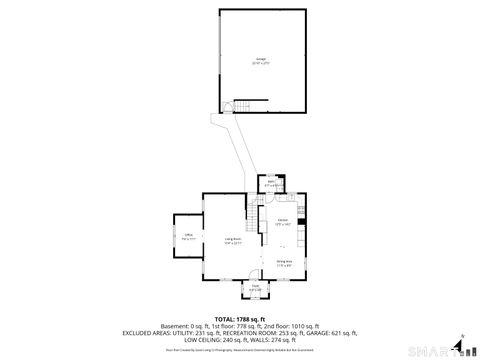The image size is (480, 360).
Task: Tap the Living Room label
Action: tap(232, 240)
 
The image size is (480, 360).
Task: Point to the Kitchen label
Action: tap(283, 222)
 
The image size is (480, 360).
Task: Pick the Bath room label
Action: tap(271, 182)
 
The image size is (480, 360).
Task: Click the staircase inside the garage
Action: tap(242, 107)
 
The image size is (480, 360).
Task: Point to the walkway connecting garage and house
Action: tap(236, 150)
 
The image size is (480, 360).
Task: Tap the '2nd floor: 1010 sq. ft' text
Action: tap(290, 326)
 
